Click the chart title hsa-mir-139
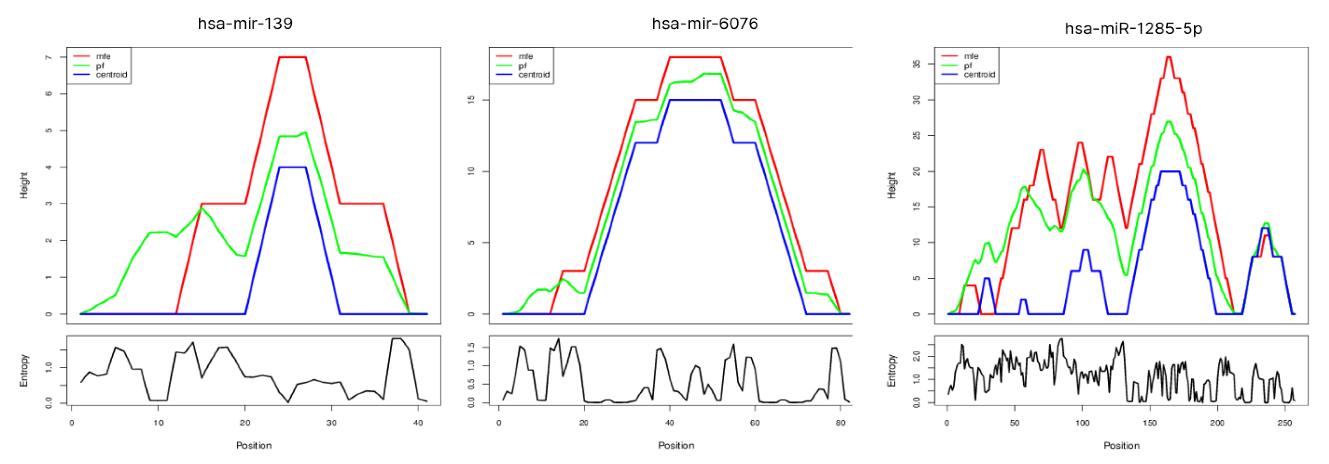point(245,24)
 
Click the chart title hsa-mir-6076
point(705,24)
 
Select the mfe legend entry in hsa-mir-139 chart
point(103,56)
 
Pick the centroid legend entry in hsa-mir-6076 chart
point(534,75)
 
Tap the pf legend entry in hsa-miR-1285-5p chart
point(967,66)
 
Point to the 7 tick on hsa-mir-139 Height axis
point(49,57)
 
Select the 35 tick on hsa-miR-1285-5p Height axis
point(916,64)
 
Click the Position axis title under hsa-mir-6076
point(676,445)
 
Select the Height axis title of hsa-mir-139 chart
point(24,185)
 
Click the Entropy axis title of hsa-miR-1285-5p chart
point(892,370)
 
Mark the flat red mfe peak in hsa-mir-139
point(292,57)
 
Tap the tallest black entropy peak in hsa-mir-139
point(396,339)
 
